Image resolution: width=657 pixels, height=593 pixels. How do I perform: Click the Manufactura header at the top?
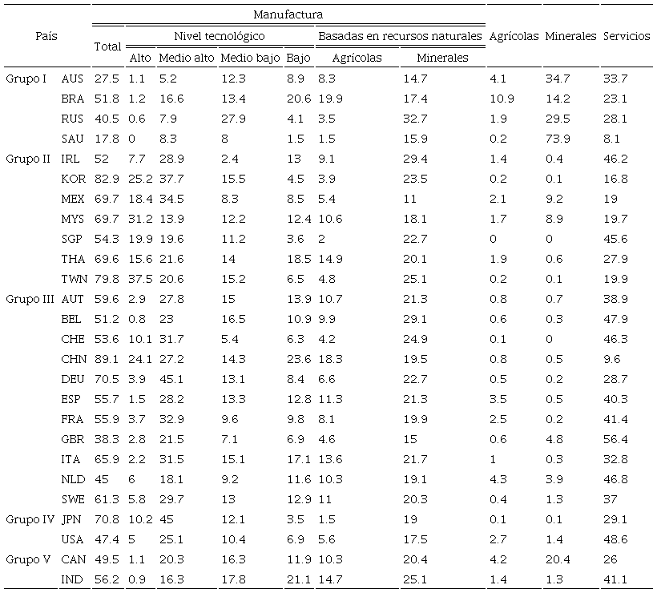click(288, 14)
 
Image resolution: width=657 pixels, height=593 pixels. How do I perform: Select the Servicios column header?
click(627, 36)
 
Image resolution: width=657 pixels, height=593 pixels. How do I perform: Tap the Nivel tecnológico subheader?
click(220, 36)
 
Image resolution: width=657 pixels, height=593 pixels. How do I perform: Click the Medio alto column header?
click(185, 58)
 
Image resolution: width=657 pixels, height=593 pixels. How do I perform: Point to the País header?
click(46, 36)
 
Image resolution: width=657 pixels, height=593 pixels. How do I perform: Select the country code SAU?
click(73, 139)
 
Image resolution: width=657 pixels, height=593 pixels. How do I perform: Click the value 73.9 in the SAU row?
click(557, 139)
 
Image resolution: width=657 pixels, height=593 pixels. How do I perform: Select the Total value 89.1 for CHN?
click(107, 359)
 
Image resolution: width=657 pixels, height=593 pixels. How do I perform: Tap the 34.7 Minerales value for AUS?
click(557, 79)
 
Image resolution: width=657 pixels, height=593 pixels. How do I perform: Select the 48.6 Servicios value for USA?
click(615, 539)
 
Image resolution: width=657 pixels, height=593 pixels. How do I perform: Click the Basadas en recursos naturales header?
click(400, 36)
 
